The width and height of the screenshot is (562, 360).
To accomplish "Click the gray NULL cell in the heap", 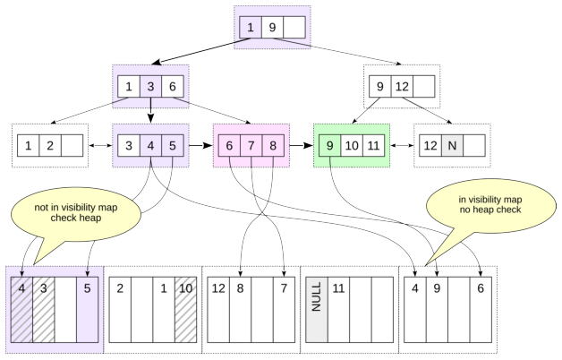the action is point(317,310).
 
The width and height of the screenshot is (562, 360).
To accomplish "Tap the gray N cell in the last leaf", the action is point(452,146).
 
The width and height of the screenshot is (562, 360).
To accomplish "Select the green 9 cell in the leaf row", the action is point(329,146).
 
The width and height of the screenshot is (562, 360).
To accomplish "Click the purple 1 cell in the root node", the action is point(251,27).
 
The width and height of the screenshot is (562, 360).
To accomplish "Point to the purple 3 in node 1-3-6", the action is point(150,86).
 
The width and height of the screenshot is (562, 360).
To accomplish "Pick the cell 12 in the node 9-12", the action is point(402,86).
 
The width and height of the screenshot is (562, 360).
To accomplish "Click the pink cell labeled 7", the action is point(251,146).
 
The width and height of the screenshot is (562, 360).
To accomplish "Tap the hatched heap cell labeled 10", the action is point(185,310).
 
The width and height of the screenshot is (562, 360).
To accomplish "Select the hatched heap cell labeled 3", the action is point(44,310).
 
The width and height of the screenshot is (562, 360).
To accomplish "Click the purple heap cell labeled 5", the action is point(88,310).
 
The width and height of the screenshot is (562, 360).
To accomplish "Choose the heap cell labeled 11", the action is point(338,310).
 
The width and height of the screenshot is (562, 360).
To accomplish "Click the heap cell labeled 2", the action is point(120,310).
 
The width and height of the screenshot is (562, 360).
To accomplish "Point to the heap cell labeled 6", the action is point(481,310).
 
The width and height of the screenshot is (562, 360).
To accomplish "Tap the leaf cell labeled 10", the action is point(352,146).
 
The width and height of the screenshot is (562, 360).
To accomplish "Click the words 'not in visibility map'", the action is point(76,207).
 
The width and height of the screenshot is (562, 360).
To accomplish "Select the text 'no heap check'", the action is point(490,210).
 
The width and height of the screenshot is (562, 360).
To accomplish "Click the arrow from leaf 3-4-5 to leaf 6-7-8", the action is point(200,146).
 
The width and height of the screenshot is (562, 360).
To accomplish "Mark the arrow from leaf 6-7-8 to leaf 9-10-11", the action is point(301,146).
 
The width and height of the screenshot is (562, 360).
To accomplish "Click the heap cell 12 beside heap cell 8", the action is point(218,310).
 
